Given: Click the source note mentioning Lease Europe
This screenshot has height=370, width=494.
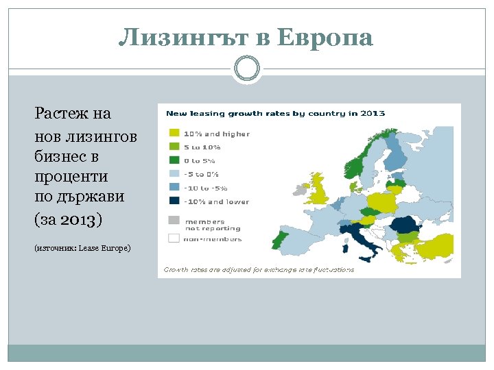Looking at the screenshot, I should pos(82,247).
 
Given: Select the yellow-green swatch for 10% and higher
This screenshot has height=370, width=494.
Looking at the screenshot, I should pos(174,134).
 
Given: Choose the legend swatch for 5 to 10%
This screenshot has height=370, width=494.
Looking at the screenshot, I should pos(174,147).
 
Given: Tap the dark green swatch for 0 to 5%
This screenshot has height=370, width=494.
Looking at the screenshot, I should pos(174,160).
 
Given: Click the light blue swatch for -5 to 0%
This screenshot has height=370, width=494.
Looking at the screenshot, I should pos(174,174).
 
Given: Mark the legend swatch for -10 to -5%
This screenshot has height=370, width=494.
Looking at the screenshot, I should pos(174,188).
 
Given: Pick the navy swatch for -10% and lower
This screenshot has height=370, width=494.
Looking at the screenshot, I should pos(174,201).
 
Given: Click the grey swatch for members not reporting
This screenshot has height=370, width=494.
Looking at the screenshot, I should pos(174,221).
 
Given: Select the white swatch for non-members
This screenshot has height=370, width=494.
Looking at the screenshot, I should pos(174,238).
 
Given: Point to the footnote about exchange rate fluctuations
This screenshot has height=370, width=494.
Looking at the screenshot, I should pos(259,270).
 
